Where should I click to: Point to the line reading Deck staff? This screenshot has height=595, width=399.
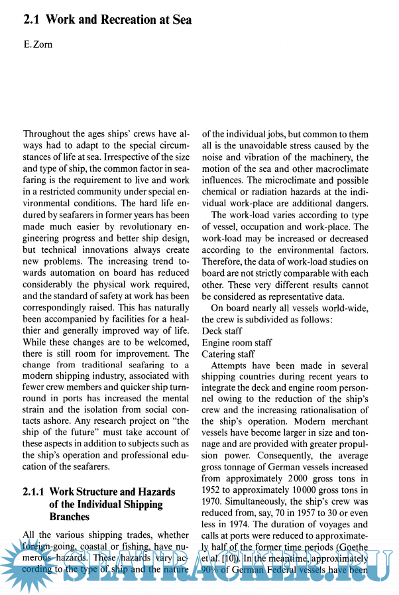[x=222, y=330]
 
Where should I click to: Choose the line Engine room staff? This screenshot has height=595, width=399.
[x=237, y=342]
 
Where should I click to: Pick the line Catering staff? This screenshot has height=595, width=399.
[x=228, y=354]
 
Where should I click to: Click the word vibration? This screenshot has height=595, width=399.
[x=262, y=157]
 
